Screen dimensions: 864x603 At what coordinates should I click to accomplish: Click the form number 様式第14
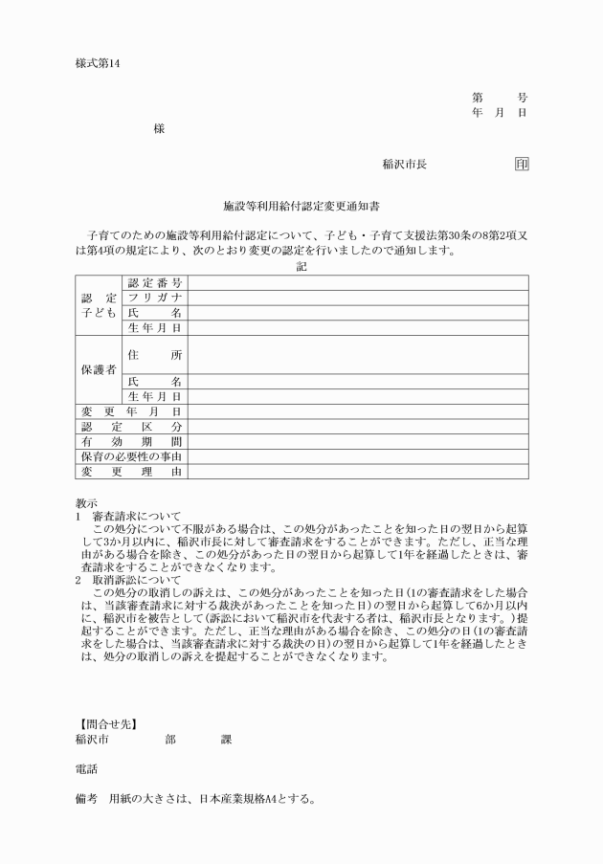(x=100, y=64)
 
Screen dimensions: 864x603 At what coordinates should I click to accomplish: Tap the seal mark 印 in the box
(x=521, y=164)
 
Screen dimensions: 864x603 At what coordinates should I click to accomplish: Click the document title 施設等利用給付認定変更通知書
(x=301, y=205)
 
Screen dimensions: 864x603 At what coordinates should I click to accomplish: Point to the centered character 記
(x=301, y=266)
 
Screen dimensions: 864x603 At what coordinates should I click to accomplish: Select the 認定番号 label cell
(x=155, y=282)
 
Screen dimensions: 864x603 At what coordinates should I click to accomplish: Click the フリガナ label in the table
(x=155, y=298)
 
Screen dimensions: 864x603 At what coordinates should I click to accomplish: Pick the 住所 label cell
(x=155, y=354)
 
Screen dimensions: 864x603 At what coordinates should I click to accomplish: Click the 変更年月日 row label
(x=130, y=411)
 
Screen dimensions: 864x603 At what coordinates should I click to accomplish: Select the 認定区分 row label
(x=130, y=427)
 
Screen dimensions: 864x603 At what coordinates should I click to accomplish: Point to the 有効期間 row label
(x=130, y=442)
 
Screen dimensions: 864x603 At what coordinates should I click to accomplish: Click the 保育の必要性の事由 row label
(x=130, y=456)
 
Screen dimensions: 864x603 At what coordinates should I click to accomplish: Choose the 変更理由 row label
(x=130, y=472)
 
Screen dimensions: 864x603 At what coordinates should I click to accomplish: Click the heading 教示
(x=86, y=503)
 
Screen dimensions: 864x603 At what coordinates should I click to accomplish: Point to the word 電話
(x=86, y=768)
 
